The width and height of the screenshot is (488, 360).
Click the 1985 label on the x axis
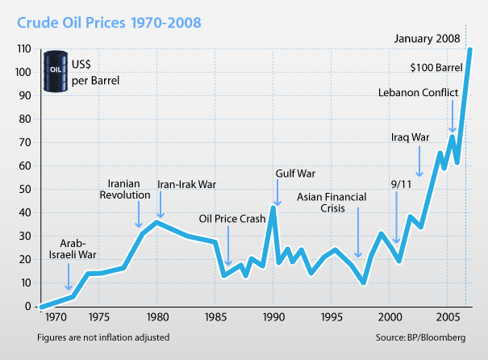[215, 317]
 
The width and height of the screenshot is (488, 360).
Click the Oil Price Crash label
[232, 218]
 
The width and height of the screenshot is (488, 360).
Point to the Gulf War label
[294, 173]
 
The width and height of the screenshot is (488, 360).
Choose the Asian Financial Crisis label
[332, 202]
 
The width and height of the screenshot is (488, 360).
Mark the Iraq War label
[410, 136]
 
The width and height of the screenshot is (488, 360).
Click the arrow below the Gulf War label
[277, 194]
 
